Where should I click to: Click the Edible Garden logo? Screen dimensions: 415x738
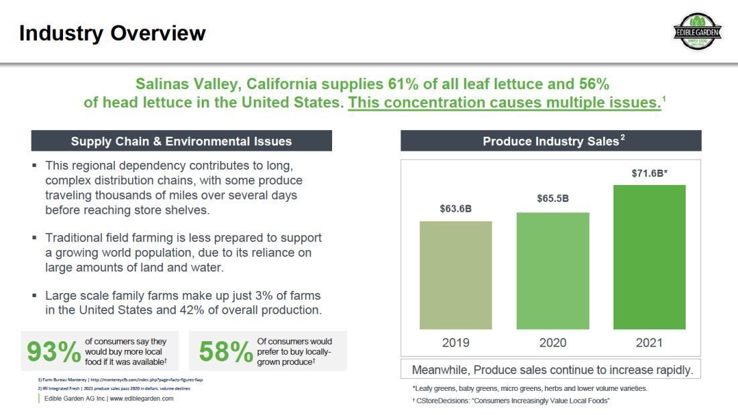(698, 32)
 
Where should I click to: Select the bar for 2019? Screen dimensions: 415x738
(456, 275)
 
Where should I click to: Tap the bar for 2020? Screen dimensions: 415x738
(552, 271)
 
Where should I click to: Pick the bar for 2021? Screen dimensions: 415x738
(649, 257)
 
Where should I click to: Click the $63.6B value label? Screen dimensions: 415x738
(456, 209)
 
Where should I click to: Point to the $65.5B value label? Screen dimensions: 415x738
(552, 198)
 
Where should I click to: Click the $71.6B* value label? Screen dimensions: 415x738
(649, 173)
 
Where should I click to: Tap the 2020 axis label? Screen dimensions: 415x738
(552, 343)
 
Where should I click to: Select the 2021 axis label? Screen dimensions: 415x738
(649, 343)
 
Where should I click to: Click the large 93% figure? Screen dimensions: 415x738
(53, 352)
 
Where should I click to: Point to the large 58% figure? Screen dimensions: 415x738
(225, 352)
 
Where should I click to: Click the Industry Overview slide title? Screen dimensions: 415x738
(112, 33)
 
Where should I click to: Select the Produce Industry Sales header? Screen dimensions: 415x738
(551, 141)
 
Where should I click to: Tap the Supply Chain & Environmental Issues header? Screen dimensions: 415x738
(181, 141)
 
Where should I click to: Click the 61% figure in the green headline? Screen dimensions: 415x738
(402, 84)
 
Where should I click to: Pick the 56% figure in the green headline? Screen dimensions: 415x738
(594, 84)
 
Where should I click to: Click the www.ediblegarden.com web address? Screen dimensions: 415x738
(142, 398)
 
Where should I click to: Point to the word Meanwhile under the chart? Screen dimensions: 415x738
(443, 369)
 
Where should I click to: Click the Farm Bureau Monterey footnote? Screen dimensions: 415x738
(121, 379)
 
